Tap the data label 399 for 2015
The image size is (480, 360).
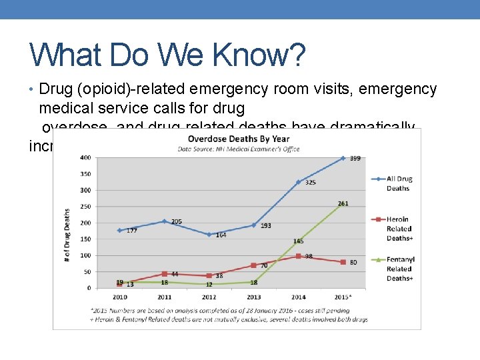pos(355,159)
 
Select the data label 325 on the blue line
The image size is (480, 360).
pos(310,183)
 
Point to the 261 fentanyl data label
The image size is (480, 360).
pos(343,204)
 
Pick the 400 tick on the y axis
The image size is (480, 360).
pos(86,158)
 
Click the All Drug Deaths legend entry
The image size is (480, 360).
pos(399,183)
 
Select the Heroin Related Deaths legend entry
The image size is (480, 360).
pos(399,228)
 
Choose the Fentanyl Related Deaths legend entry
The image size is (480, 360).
pos(399,269)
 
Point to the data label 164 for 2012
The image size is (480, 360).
pos(221,235)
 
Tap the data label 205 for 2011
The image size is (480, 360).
pos(176,222)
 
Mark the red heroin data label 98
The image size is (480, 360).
pos(309,257)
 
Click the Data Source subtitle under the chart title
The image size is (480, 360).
pos(239,149)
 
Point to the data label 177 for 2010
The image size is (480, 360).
pos(131,231)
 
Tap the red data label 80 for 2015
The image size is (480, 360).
pos(353,263)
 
